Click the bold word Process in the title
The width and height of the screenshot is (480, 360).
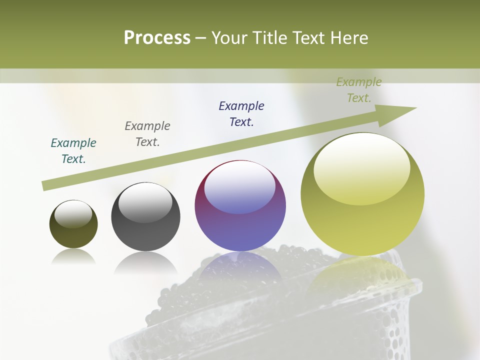(x=157, y=38)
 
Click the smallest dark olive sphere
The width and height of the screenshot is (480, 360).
(x=73, y=224)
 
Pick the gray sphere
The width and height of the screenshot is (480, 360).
(x=145, y=217)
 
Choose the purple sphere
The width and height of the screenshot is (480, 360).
(x=240, y=205)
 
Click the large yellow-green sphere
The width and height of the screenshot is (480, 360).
(x=362, y=194)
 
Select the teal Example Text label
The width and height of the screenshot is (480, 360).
(x=73, y=151)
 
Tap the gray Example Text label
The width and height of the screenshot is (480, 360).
(x=147, y=134)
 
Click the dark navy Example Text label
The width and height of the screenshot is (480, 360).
(x=241, y=114)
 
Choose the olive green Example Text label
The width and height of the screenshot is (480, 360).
(x=359, y=90)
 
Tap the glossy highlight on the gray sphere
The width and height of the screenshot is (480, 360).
(x=145, y=202)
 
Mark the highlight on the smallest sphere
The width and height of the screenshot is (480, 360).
(x=73, y=214)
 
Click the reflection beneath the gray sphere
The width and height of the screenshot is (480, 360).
(x=145, y=262)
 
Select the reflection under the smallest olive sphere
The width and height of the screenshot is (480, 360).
(x=73, y=257)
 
